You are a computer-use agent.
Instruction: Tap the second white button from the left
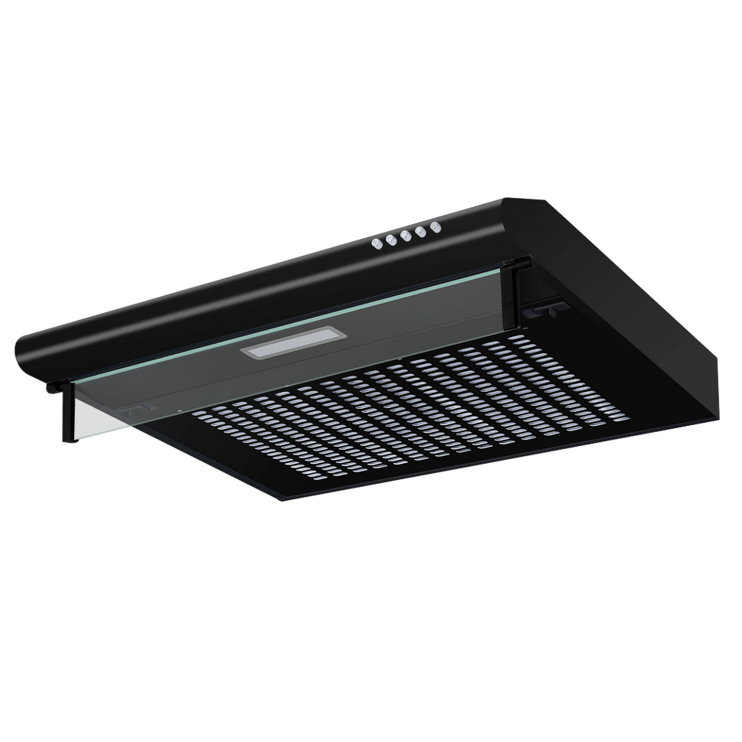pos(390,239)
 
